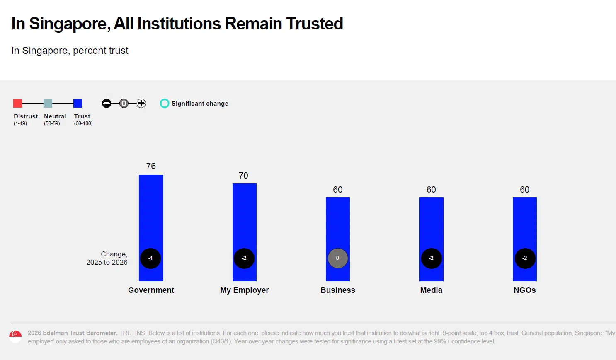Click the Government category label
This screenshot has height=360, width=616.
151,290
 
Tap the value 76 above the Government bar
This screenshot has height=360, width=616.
151,166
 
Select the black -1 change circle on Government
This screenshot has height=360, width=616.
150,258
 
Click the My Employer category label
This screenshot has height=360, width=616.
244,290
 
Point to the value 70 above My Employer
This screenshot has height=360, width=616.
243,176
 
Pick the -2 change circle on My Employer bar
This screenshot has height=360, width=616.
244,258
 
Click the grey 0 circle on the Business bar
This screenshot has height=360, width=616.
337,258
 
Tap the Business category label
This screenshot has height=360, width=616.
337,290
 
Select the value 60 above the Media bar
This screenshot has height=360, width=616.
431,190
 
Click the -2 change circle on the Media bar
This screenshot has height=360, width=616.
431,258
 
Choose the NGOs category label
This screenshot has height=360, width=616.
524,290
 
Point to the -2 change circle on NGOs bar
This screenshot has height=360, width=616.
525,258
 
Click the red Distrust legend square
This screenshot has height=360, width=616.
17,104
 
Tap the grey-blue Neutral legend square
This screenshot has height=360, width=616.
48,104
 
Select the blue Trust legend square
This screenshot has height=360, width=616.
78,104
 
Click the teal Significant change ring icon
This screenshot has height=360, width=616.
165,104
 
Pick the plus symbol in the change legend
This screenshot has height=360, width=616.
141,104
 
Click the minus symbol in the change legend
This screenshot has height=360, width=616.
107,104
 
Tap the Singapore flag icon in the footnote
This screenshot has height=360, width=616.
15,336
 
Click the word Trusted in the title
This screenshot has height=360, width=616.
315,24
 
